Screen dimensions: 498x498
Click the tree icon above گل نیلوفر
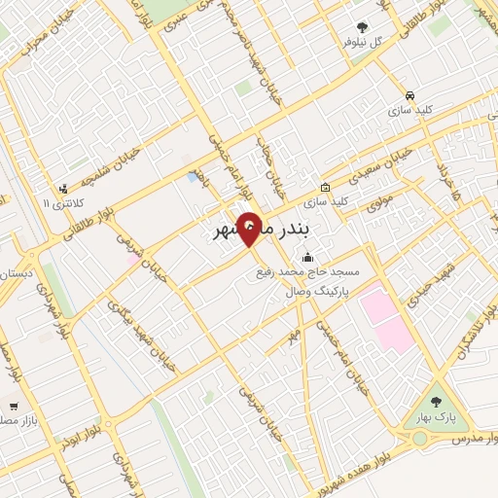[x=363, y=28]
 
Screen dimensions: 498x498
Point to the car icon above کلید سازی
[x=410, y=96]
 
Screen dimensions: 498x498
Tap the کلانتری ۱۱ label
[x=62, y=203]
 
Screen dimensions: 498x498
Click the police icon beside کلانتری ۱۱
[x=63, y=189]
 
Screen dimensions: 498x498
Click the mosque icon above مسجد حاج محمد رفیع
[x=308, y=259]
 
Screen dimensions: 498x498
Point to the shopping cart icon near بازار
[x=14, y=406]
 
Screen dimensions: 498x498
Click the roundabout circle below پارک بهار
[x=419, y=439]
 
